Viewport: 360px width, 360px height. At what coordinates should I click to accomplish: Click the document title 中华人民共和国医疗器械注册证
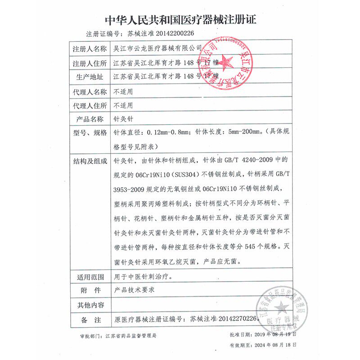180,21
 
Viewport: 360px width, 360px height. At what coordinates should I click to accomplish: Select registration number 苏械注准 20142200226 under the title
161,34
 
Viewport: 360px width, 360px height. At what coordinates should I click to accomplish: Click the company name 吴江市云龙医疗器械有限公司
158,48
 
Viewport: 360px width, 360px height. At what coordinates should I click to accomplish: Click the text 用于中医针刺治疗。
143,276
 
